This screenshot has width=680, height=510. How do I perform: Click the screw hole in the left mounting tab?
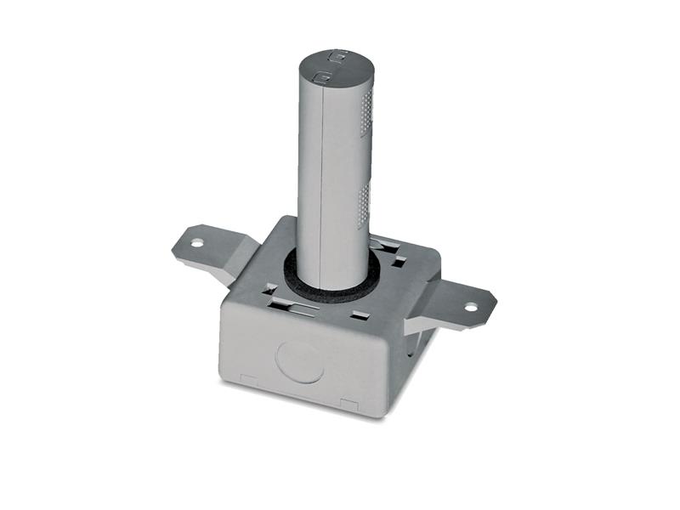tap(197, 243)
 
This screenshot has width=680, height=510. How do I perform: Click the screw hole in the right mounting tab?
tap(470, 308)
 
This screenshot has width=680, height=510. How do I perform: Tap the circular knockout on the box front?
tap(298, 360)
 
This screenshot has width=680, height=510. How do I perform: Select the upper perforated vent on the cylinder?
tap(366, 114)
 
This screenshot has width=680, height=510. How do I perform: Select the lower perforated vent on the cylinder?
tap(364, 204)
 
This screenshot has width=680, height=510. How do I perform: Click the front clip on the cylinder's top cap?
tap(320, 77)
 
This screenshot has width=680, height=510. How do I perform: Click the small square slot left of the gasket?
tap(269, 288)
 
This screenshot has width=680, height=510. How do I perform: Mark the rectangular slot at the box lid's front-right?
tap(360, 316)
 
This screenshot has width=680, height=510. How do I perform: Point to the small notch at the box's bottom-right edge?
tap(348, 403)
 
